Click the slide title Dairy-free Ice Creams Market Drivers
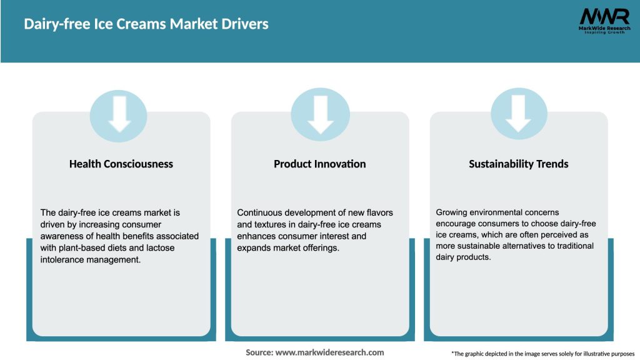point(146,25)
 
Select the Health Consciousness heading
point(121,164)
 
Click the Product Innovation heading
point(320,164)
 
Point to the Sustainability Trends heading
point(519,164)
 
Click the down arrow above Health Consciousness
point(119,113)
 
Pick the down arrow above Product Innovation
point(320,113)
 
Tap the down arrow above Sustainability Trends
point(519,113)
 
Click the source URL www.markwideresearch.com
point(329,352)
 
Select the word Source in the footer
point(259,352)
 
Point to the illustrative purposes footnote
point(542,354)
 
